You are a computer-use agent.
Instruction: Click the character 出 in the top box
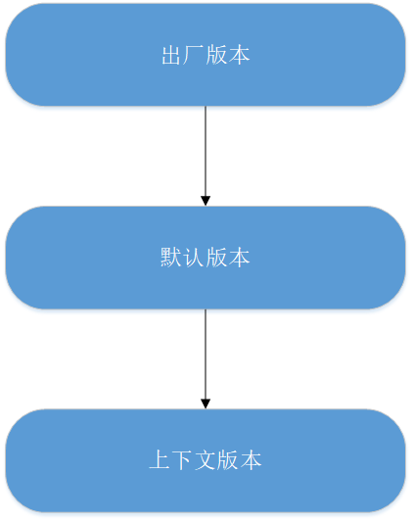tap(171, 55)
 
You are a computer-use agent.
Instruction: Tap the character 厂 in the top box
tap(193, 55)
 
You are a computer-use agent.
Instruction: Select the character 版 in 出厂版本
tap(216, 55)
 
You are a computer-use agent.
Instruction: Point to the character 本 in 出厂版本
tap(239, 55)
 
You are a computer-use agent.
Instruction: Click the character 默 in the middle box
tap(170, 258)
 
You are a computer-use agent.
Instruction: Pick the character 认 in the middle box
tap(193, 258)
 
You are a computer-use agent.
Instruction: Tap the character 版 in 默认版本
tap(216, 258)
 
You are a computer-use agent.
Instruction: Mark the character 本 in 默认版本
tap(239, 258)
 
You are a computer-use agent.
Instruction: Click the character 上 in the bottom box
tap(160, 460)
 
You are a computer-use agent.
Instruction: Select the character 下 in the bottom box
tap(182, 460)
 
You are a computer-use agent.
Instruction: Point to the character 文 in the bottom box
tap(205, 460)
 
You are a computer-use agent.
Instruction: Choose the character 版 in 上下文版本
tap(228, 460)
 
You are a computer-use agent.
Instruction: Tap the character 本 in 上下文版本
tap(251, 460)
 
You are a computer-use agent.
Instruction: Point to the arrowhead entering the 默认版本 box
tap(206, 201)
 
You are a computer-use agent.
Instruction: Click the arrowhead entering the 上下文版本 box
tap(206, 404)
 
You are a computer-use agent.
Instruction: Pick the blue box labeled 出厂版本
tap(206, 55)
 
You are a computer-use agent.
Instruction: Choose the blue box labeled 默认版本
tap(206, 258)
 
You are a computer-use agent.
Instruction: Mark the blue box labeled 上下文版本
tap(206, 460)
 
